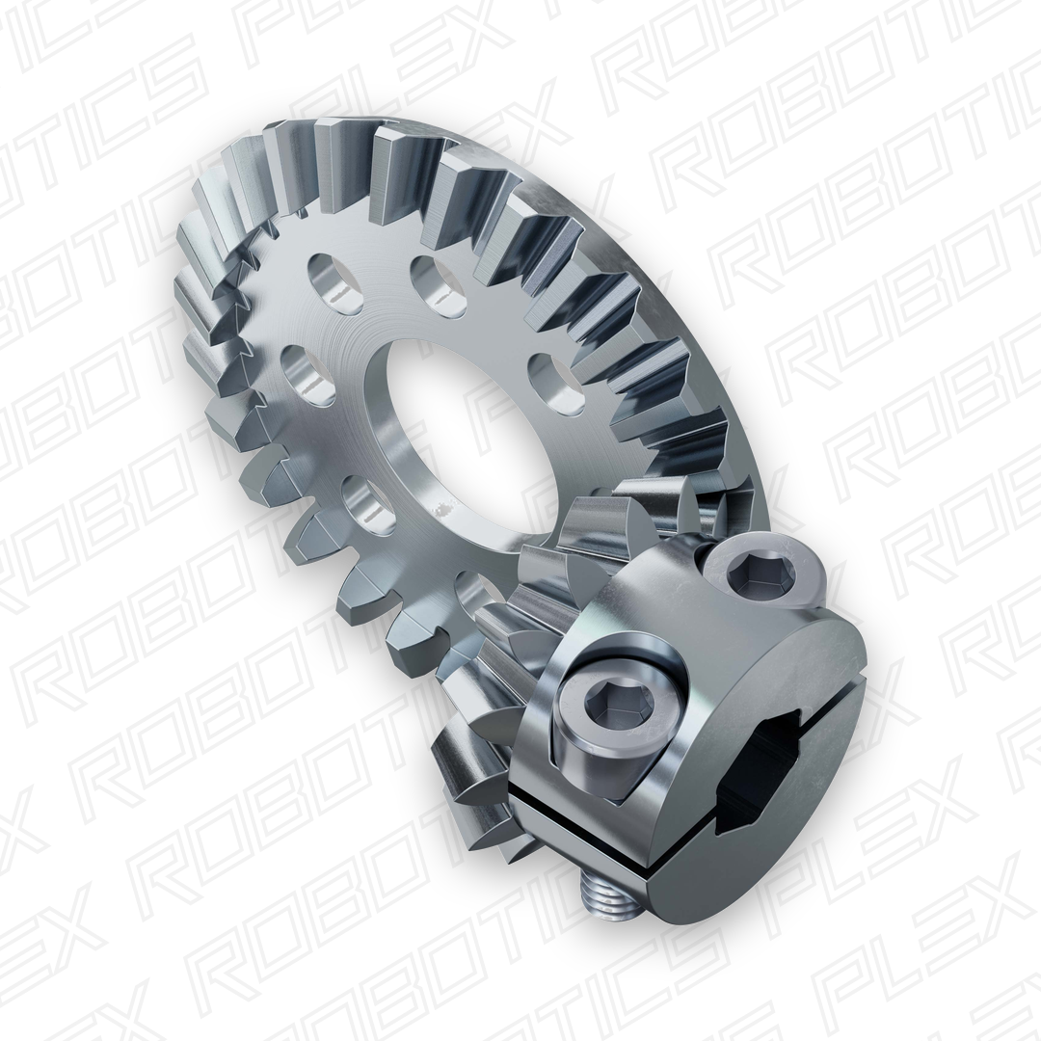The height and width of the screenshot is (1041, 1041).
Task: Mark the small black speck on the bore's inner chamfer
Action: (x=445, y=508)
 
